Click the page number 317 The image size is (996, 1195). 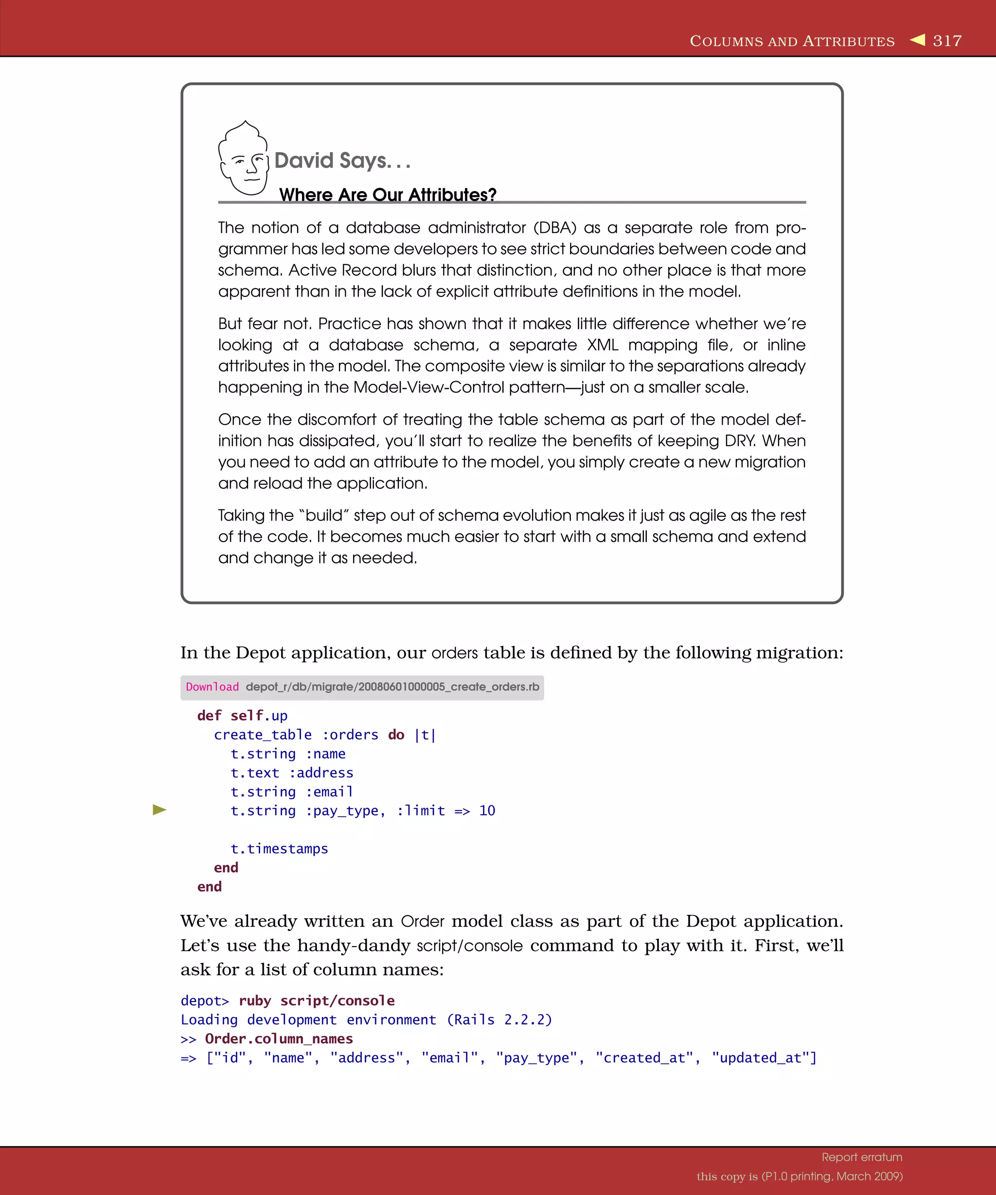(x=947, y=41)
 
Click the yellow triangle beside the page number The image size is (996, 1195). (x=918, y=40)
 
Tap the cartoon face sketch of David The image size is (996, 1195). (x=244, y=159)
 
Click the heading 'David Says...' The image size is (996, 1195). (x=341, y=161)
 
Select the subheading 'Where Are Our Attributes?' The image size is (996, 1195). (x=388, y=194)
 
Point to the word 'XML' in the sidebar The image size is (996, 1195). (x=602, y=345)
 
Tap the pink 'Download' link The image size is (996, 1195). (x=213, y=687)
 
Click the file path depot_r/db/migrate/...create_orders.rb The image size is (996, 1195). (x=392, y=687)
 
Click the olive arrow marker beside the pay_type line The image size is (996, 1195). (x=160, y=810)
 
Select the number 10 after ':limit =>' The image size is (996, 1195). (x=487, y=810)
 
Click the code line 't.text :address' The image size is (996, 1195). (x=291, y=773)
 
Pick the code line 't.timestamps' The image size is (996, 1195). (x=279, y=848)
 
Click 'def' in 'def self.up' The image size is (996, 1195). (x=209, y=715)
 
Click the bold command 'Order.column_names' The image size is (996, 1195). (x=279, y=1038)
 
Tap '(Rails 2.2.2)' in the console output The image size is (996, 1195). (x=499, y=1019)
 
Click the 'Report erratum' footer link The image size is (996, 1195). (x=862, y=1157)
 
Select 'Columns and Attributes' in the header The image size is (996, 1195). (x=792, y=41)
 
